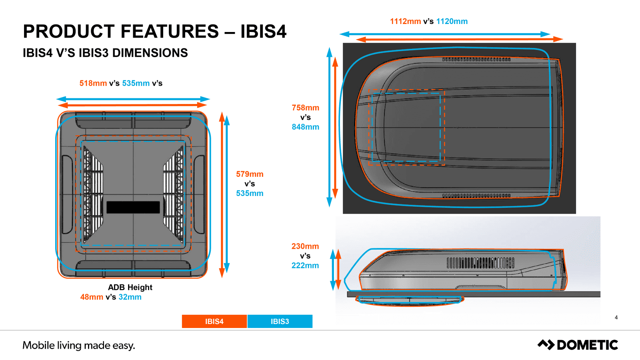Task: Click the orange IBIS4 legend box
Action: (214, 321)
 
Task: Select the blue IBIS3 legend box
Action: (280, 321)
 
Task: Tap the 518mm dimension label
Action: (93, 83)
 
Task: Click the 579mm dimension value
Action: (250, 174)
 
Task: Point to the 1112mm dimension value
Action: (405, 21)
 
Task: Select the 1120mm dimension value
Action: (452, 21)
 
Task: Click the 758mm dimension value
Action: (305, 108)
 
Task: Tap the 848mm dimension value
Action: (305, 127)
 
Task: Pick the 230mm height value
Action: (305, 246)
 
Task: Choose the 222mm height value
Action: (305, 265)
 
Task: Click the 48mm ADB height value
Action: (92, 297)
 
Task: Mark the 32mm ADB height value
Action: (130, 297)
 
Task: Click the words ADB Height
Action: (130, 287)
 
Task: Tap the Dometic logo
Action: (578, 345)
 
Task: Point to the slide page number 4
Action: (616, 317)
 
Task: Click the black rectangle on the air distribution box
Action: (133, 207)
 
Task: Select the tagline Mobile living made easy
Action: (79, 345)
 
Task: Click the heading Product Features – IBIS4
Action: (154, 31)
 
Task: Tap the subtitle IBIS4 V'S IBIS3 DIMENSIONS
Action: (105, 53)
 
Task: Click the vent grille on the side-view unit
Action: (480, 263)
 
